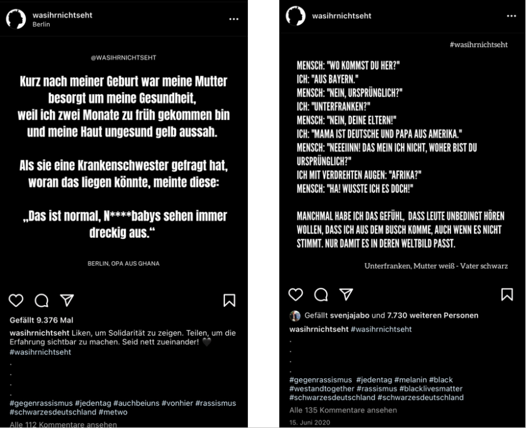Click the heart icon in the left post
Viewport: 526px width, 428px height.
coord(16,300)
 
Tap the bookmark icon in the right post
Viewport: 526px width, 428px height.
coord(507,294)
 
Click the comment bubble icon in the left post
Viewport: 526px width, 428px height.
coord(41,300)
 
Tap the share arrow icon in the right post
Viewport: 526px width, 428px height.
coord(347,294)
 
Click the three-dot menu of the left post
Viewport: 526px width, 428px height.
coord(234,19)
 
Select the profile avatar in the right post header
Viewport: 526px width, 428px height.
coord(296,16)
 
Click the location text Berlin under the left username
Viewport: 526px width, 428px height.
coord(41,25)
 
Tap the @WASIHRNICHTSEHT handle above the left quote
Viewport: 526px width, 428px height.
coord(124,57)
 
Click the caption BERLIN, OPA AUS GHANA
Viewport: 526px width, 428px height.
coord(123,263)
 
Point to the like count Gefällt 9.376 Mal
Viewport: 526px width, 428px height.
coord(41,320)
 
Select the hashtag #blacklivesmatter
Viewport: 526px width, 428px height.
coord(431,389)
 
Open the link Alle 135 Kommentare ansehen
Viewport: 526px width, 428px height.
coord(335,410)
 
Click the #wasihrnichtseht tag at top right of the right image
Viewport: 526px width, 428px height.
coord(479,44)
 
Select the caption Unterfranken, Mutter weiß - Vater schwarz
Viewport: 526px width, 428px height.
coord(436,266)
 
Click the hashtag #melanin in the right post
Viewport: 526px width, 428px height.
coord(413,380)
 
